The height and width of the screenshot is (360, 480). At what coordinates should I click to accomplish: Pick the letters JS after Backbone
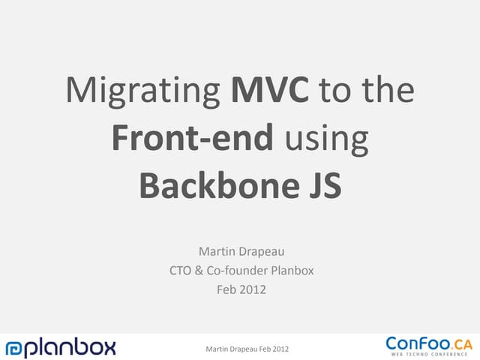pyautogui.click(x=320, y=184)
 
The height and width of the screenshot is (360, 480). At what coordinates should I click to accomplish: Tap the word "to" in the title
pyautogui.click(x=332, y=91)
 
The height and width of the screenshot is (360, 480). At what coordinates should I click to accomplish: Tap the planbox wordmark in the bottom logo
pyautogui.click(x=72, y=347)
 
